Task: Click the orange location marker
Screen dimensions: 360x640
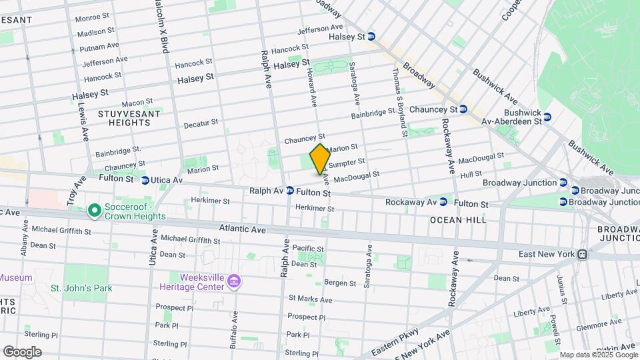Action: point(320,159)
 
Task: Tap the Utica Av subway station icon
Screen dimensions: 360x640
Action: point(145,180)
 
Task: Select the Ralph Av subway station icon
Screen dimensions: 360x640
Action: point(290,191)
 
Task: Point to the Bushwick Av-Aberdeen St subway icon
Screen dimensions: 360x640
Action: point(547,117)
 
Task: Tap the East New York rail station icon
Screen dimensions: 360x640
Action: point(582,254)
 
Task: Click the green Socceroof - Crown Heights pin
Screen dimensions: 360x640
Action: point(95,211)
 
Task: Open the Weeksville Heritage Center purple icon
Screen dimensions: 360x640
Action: point(234,281)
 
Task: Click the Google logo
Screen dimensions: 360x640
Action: point(22,351)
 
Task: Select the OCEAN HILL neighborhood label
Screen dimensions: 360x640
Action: point(457,219)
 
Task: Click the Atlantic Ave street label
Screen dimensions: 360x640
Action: point(243,229)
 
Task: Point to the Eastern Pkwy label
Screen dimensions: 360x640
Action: point(396,339)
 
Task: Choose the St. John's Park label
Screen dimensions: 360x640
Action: point(81,288)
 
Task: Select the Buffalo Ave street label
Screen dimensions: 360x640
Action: point(234,330)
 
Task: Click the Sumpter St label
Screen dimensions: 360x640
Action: point(347,162)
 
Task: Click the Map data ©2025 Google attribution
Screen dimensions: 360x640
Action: point(597,355)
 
